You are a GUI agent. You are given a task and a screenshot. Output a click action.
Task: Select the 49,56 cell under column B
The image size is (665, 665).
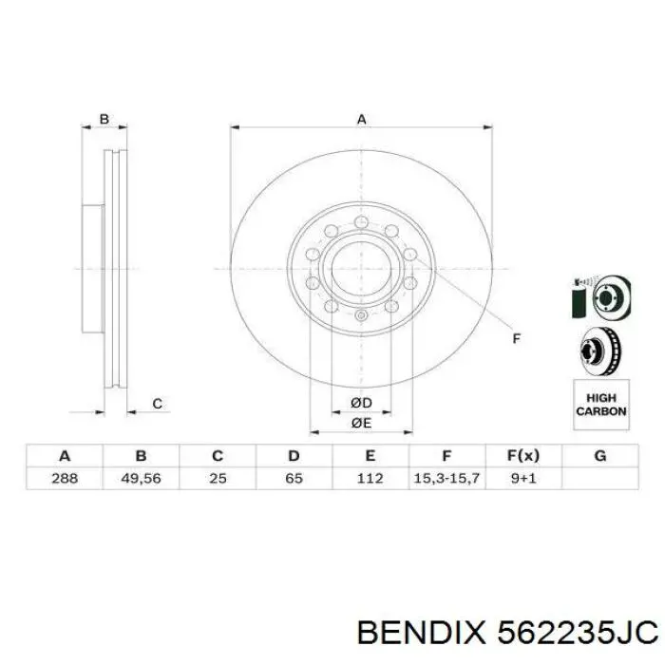tap(142, 478)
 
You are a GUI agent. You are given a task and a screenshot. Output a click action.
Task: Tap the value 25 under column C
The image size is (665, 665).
tap(218, 478)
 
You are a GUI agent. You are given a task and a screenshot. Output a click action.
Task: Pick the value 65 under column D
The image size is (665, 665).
tap(294, 478)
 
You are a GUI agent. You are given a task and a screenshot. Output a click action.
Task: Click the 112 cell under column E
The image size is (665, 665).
tap(370, 478)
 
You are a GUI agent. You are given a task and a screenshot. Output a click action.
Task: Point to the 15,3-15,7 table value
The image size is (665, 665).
tap(446, 478)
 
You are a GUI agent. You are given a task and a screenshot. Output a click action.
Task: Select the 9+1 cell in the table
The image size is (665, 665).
tap(522, 478)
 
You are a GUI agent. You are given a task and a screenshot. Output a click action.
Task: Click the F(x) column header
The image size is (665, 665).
tap(522, 456)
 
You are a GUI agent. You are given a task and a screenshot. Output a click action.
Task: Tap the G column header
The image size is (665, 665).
tap(599, 456)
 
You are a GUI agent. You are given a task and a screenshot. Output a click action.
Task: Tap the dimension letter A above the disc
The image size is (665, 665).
tap(361, 120)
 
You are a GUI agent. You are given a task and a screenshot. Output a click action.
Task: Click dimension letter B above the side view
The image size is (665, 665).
tap(105, 120)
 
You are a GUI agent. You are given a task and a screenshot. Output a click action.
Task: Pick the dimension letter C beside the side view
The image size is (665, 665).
tap(158, 404)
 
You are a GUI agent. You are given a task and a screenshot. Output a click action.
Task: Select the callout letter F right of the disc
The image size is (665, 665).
tap(517, 338)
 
